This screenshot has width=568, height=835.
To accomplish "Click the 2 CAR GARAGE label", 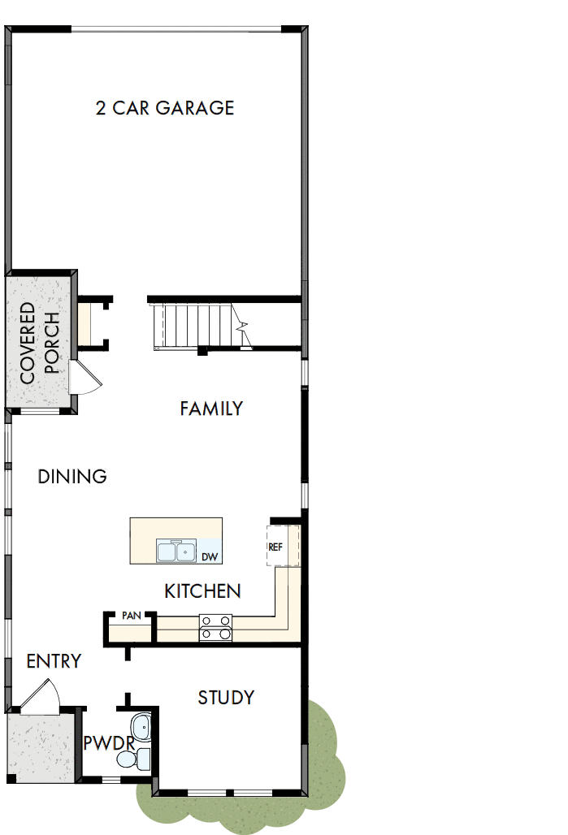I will pos(165,108).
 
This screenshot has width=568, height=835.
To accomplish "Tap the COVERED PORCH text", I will pos(39,343).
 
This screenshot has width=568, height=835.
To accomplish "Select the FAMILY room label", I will pos(211,409).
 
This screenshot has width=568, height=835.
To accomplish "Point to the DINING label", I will pos(72,477).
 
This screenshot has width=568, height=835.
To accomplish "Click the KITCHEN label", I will pos(202,591).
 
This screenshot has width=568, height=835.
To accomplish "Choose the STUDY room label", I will pos(226,698).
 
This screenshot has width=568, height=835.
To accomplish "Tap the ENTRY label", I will pos(54,661).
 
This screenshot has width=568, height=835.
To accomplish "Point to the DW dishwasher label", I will pos(210,556).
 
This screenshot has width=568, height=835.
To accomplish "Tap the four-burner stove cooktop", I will pos(215,627).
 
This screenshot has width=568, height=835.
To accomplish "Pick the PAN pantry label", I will pos(131,616).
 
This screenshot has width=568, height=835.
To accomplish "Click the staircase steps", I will pos(195,325).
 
